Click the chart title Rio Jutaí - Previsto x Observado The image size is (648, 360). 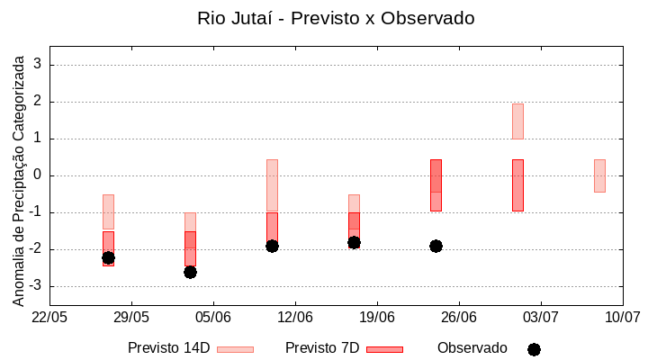(336, 18)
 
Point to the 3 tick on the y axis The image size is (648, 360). (38, 65)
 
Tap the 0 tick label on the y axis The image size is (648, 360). (38, 175)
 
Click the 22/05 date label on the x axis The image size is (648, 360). (49, 317)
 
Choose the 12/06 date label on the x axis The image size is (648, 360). (295, 317)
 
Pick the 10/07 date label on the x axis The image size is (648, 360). (622, 317)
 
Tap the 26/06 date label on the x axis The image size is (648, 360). (459, 317)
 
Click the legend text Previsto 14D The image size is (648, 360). (168, 348)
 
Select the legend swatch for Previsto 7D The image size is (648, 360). (384, 349)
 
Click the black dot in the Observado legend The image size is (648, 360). (534, 349)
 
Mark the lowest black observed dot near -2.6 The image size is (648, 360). (190, 272)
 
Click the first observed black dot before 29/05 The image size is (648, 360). (108, 257)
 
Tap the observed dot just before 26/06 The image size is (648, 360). (436, 246)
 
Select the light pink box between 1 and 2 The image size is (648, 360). (517, 121)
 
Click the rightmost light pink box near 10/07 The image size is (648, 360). (599, 175)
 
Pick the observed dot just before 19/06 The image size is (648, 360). (354, 242)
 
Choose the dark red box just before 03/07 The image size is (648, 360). (517, 185)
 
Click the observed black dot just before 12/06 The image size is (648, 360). (272, 246)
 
